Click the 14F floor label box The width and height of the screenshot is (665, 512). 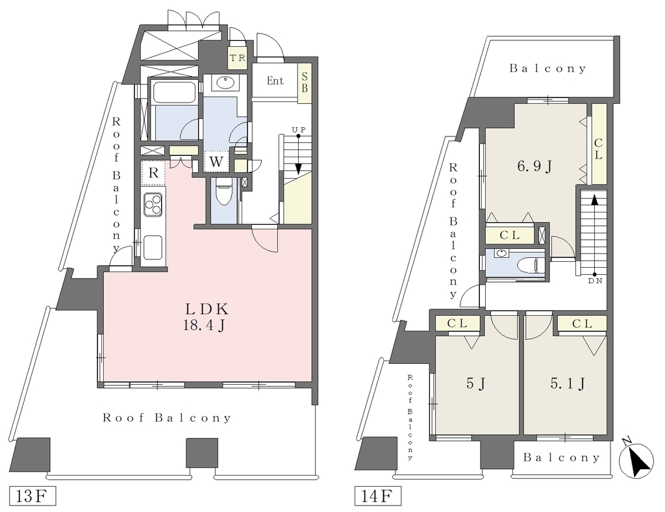[377, 496]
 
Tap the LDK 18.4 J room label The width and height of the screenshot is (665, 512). [206, 316]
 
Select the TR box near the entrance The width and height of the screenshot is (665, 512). [238, 58]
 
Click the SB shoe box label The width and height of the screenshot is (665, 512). [305, 83]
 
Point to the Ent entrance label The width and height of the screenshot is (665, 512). [275, 81]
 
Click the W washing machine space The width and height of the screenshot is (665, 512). [216, 162]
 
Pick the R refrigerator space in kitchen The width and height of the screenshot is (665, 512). [153, 173]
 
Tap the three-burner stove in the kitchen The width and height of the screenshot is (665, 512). [153, 205]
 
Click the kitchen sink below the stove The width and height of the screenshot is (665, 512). [153, 248]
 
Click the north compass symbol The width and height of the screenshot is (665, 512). [636, 460]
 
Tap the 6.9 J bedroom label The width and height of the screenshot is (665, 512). [534, 166]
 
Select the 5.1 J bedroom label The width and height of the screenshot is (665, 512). [568, 384]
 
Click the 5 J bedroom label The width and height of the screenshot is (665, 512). [475, 384]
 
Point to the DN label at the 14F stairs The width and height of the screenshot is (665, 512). [595, 281]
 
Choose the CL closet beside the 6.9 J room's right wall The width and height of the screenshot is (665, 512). [599, 144]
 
